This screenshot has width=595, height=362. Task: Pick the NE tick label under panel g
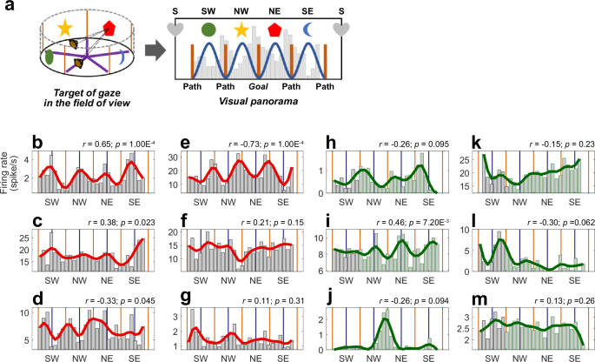(x=253, y=357)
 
